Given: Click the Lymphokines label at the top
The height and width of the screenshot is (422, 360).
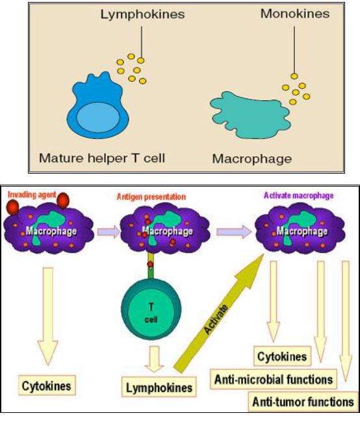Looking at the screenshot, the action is coord(142,14).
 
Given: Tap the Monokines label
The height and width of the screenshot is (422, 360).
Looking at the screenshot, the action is coord(295,14).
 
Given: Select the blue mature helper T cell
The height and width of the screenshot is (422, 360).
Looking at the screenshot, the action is coord(97,105).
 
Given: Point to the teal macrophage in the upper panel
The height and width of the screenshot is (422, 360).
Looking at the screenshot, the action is coord(250,115).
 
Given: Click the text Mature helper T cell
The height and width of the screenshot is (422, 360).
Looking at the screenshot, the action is coord(102,158).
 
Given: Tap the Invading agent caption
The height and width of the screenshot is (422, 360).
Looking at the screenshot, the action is coord(32,194).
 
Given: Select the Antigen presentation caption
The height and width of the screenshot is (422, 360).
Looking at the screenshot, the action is coord(151,197).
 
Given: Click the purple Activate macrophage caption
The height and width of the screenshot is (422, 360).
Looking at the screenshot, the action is coord(299,196).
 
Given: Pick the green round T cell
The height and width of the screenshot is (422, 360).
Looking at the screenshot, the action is coord(151,310).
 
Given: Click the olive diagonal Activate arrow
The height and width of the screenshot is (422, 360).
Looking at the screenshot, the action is coord(218,313).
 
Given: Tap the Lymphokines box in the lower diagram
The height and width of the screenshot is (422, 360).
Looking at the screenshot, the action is coord(159,387).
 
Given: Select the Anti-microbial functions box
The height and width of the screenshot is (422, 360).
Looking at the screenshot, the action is coord(274,380).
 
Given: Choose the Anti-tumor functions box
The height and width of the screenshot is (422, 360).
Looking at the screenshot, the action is coord(303,402).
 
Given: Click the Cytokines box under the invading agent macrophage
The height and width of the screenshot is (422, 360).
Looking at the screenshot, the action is coord(47,386).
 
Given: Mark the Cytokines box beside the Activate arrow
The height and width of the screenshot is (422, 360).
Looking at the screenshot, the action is coord(282,356).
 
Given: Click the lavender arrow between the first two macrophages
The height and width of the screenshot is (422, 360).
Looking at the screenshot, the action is coord(109,231).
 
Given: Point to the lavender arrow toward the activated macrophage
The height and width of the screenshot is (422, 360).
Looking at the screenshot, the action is coord(234,231).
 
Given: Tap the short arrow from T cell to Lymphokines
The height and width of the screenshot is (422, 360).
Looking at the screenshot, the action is coord(154,360).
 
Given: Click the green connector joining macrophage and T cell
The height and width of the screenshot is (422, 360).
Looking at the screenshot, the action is coord(151,267).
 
